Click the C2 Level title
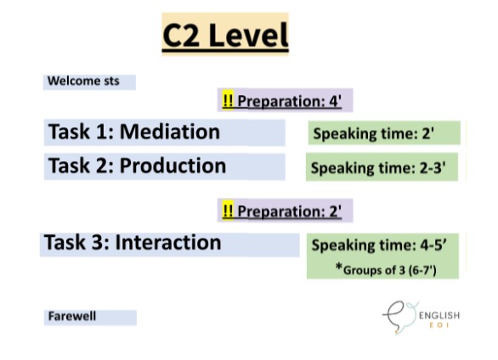point(225,36)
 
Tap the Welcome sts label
point(83,82)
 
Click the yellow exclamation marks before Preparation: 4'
point(228,102)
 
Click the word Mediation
point(169,132)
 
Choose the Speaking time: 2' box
point(383,133)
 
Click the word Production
point(173,166)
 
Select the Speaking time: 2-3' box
point(382,167)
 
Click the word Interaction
point(167,243)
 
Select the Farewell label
point(72,317)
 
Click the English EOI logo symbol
point(398,318)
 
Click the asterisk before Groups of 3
point(338,268)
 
